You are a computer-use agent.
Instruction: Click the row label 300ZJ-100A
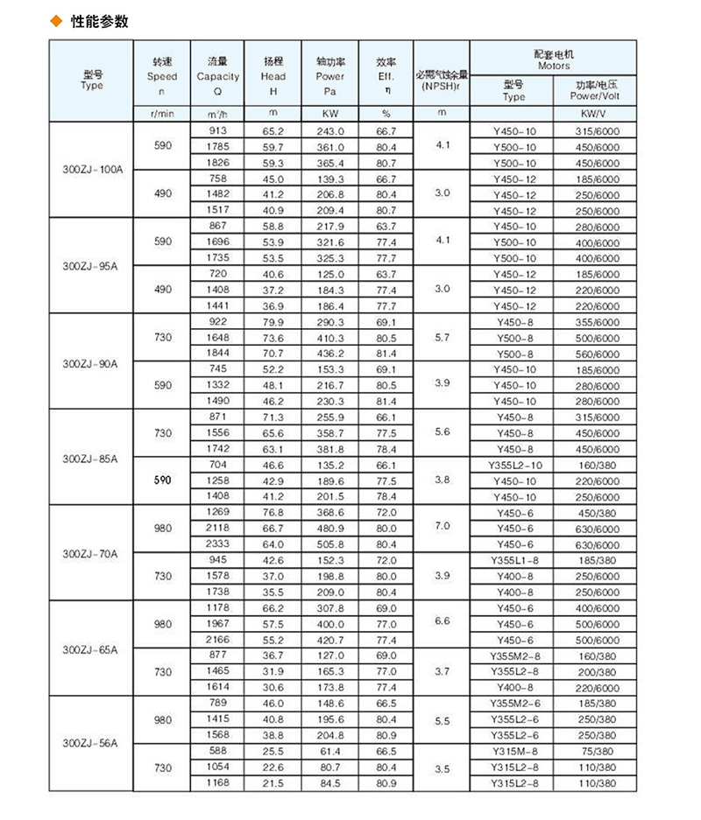91,169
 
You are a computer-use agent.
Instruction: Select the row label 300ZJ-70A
91,554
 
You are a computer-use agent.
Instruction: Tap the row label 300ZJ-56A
91,743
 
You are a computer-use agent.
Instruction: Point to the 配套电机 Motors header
552,60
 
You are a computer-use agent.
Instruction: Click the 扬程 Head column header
273,75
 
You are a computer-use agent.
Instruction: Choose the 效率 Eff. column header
386,75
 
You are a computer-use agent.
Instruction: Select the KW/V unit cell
592,114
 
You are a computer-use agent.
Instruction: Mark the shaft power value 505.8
329,544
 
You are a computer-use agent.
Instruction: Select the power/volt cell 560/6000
592,354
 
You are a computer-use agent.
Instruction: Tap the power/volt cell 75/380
592,750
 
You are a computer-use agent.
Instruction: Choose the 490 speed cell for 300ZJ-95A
163,290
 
